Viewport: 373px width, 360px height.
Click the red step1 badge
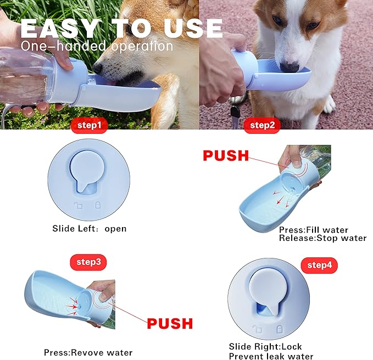click(88, 126)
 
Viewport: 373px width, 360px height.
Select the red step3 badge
click(87, 262)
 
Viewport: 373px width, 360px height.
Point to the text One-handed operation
click(97, 46)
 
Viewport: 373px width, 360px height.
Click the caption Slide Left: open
click(89, 228)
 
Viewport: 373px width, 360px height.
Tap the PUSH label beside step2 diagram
click(226, 156)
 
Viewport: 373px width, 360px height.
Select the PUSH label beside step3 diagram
click(170, 323)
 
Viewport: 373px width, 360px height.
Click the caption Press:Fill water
click(313, 230)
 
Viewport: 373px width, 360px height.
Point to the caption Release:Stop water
click(322, 238)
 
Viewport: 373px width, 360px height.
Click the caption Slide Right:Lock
click(265, 347)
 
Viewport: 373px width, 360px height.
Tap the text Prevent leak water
click(271, 356)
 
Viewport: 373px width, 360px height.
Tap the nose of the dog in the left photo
click(98, 69)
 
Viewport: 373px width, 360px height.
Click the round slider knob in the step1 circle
click(93, 170)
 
